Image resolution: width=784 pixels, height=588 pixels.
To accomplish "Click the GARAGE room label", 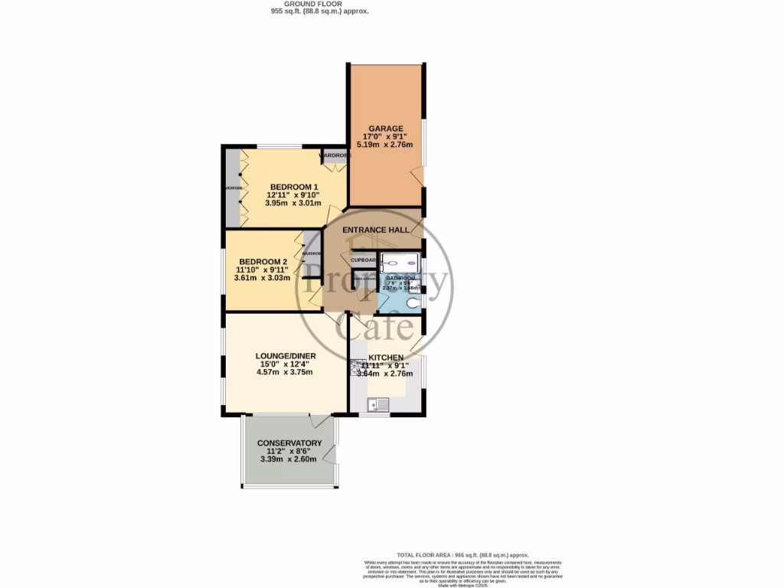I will [385, 128].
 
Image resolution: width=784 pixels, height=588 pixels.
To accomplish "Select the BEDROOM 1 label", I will [293, 187].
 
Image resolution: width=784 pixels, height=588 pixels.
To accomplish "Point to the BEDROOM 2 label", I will [263, 261].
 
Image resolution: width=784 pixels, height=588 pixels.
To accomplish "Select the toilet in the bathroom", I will [413, 303].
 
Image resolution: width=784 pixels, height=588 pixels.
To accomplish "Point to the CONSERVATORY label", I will [289, 443].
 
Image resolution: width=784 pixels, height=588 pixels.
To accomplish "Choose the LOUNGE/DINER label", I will [286, 356].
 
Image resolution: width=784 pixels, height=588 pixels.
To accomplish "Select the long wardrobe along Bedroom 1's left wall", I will [233, 188].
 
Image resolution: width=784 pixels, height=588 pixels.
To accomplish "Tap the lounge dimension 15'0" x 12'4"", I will [286, 364].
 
